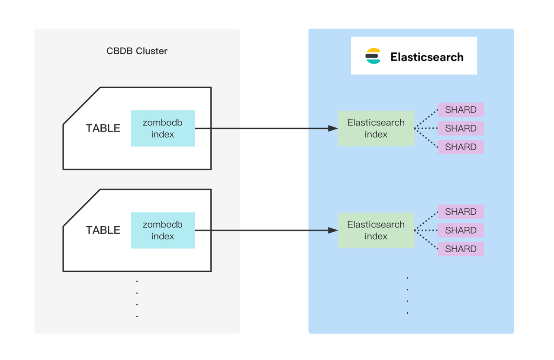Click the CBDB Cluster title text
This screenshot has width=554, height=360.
click(137, 51)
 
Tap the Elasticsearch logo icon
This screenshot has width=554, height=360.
click(373, 56)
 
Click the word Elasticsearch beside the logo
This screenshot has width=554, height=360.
click(427, 57)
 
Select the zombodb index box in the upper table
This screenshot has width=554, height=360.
click(163, 129)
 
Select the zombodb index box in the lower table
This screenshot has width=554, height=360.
click(163, 231)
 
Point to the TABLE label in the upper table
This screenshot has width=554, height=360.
click(103, 129)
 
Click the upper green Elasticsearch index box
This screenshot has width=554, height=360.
click(376, 129)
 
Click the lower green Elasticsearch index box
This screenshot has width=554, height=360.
click(376, 231)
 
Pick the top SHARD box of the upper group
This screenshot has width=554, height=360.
click(461, 110)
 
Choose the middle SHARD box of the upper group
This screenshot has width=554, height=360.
click(461, 129)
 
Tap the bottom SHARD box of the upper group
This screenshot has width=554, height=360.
click(461, 147)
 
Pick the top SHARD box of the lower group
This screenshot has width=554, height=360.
click(461, 212)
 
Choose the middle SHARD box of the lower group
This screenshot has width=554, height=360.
click(461, 231)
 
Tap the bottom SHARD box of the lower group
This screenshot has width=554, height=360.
click(461, 249)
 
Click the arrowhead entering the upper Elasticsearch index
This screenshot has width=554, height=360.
click(333, 129)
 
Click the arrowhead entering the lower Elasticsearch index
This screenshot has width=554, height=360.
click(333, 231)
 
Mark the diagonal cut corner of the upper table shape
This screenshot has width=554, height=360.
click(82, 106)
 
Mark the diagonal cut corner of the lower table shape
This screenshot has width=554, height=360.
click(82, 208)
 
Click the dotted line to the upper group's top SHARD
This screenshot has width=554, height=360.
click(426, 119)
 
